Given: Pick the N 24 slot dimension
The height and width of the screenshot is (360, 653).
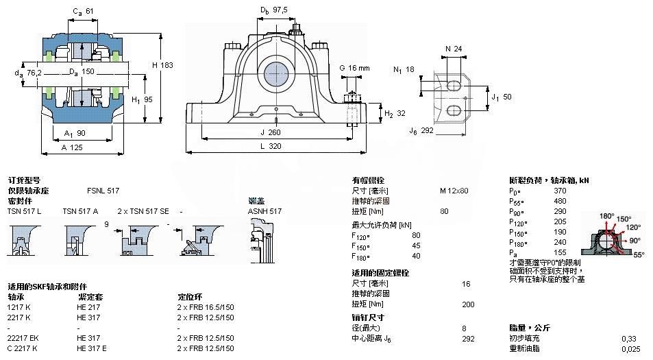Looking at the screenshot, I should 453,49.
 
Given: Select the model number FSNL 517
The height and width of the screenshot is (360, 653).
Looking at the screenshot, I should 103,190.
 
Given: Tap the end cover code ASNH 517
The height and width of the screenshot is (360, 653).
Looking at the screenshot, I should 264,211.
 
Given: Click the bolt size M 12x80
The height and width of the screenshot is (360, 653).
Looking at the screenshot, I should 454,190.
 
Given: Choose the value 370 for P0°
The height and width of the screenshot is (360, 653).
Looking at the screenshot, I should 560,190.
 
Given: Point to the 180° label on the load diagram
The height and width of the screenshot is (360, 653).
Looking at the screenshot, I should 606,216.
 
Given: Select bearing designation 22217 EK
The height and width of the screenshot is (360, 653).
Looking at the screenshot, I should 24,338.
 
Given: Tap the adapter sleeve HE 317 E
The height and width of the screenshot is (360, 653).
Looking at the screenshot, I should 93,348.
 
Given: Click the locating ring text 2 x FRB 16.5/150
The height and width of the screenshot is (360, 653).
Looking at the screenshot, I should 206,307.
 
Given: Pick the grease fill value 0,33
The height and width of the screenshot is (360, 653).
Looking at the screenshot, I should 628,338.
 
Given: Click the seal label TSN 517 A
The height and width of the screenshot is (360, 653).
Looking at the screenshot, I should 80,211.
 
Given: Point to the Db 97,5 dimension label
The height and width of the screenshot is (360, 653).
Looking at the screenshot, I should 273,10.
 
